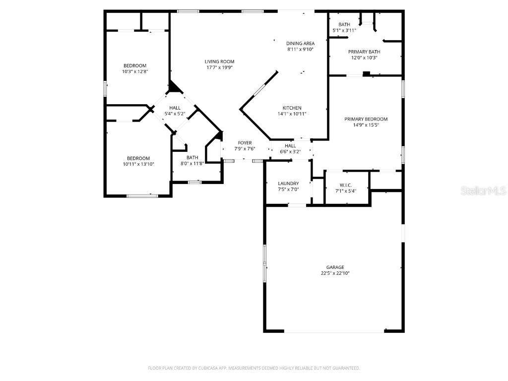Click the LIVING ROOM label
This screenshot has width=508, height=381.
[219, 62]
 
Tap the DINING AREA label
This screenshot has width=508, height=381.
[300, 43]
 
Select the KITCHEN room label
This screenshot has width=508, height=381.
[292, 108]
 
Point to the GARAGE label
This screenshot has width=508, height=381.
[335, 267]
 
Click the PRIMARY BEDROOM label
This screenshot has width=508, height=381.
[366, 119]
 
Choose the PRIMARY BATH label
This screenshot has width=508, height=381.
[364, 52]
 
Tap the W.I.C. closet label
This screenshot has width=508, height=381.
[346, 185]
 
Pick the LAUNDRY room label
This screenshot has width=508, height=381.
[288, 183]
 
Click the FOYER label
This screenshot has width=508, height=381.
[245, 142]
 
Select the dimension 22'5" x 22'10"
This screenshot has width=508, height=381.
[335, 273]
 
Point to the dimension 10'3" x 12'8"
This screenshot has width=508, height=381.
[135, 71]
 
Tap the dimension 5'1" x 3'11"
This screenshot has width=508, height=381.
[344, 30]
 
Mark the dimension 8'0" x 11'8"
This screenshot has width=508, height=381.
[192, 163]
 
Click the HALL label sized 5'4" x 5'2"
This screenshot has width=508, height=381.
[175, 108]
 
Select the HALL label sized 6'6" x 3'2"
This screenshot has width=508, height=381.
[290, 146]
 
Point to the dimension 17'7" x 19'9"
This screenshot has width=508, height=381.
[219, 67]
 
